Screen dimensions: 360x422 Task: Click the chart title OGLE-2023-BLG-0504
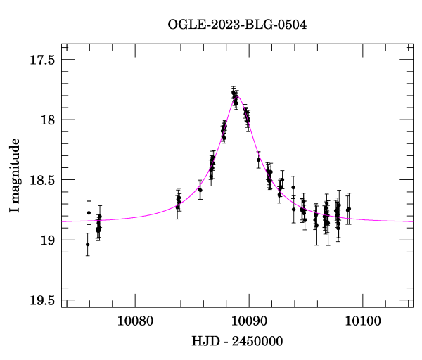(x=237, y=25)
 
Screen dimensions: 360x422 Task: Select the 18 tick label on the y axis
(x=48, y=120)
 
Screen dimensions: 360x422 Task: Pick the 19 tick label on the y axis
(x=48, y=241)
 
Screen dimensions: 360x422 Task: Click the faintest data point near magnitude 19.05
(x=87, y=245)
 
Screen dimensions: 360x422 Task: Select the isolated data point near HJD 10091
(x=259, y=160)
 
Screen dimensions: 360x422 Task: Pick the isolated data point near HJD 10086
(x=200, y=190)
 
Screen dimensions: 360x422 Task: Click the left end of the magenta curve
(x=63, y=221)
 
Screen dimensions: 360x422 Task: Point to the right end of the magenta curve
(x=413, y=221)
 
